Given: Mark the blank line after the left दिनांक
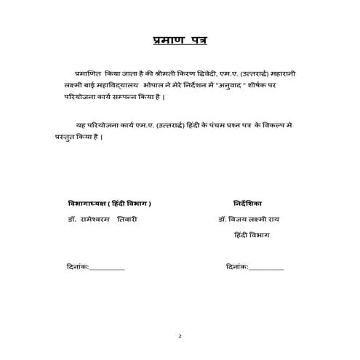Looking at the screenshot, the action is pyautogui.click(x=107, y=268).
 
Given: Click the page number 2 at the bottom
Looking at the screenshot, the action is pyautogui.click(x=180, y=337).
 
